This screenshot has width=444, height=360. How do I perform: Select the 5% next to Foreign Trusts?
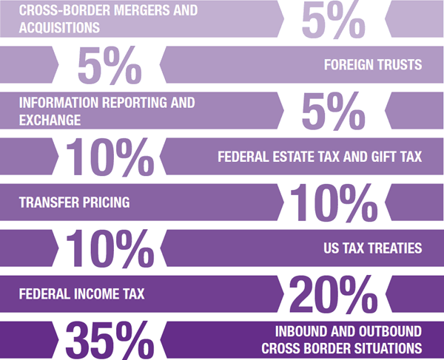pos(110,67)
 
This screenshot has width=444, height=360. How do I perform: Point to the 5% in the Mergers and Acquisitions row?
pos(333,21)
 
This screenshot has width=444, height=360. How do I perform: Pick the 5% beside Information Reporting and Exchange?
pos(333,113)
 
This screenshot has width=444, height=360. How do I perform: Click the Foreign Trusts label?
pos(372,65)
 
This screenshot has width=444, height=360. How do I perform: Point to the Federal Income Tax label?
pos(81,293)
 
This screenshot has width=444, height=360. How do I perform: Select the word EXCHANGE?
pos(50,118)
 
